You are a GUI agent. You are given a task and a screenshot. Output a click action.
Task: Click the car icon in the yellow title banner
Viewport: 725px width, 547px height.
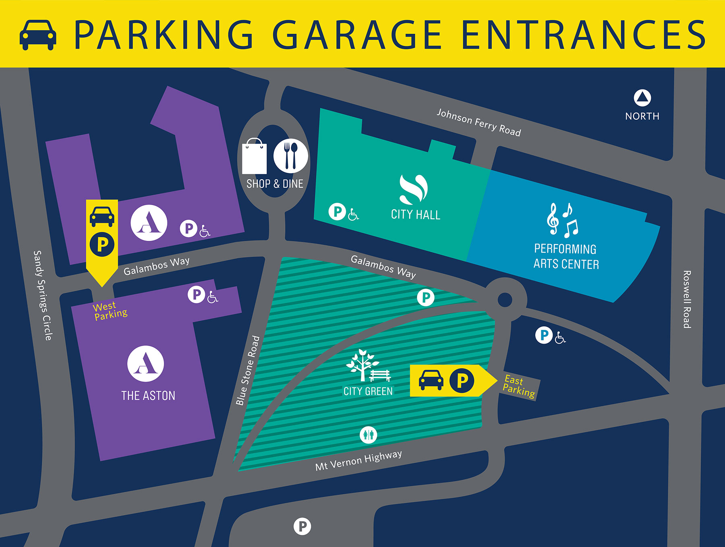coord(38,35)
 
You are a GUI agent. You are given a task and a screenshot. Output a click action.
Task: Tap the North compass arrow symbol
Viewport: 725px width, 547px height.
coord(642,97)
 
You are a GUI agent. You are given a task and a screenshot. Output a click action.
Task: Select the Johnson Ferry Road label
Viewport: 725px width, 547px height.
coord(478,122)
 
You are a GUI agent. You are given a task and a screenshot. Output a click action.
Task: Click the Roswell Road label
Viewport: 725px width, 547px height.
coord(687,299)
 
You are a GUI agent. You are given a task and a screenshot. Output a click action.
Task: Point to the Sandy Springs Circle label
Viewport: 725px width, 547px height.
coord(43,295)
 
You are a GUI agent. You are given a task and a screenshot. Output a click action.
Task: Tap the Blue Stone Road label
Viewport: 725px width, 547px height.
coord(247,370)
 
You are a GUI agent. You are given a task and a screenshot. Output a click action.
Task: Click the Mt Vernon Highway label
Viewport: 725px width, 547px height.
coord(358,460)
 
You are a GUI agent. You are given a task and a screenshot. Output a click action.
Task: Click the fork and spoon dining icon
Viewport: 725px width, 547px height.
coord(290,155)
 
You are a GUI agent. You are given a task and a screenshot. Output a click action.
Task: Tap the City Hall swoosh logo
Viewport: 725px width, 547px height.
coord(414,189)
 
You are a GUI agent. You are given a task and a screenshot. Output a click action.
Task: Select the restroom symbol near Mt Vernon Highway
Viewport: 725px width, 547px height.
coord(368,435)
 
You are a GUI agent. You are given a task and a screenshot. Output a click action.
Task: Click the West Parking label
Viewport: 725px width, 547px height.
coord(110,311)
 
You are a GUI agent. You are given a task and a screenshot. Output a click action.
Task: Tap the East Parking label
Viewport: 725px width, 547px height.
coord(519,386)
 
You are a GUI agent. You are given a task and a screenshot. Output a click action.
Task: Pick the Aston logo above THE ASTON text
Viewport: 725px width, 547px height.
coord(145,363)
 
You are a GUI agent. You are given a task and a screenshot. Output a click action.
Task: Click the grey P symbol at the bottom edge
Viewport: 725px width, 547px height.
coord(302,526)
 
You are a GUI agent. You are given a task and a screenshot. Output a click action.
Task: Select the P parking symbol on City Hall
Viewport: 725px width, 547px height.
coord(337,211)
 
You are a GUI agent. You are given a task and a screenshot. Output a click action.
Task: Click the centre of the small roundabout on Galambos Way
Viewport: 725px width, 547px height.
coord(505,300)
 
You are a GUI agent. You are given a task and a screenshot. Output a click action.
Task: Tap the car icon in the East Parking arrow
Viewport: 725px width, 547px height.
coord(431,380)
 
